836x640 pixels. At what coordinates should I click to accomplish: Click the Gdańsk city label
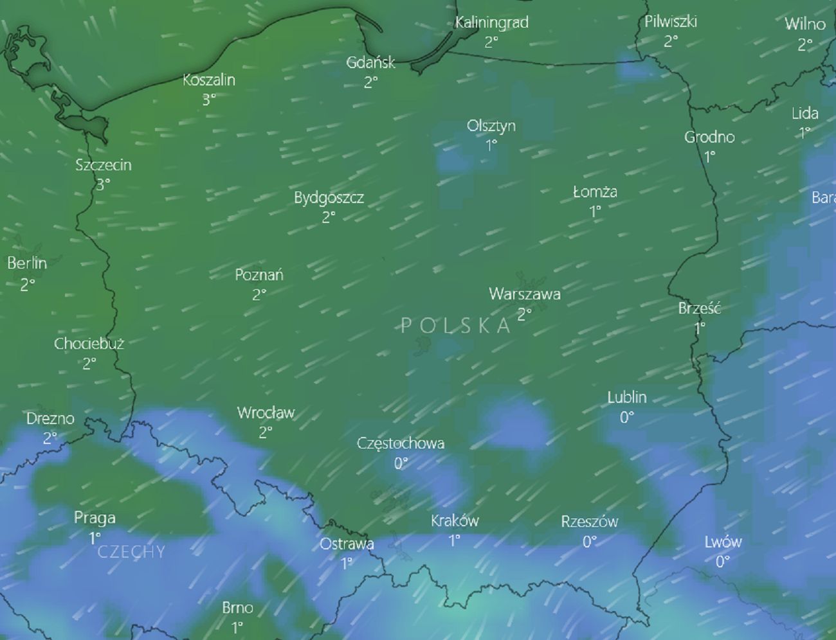(370, 63)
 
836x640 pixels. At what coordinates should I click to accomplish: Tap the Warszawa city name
(525, 294)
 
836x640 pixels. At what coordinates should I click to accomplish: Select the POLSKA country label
(456, 325)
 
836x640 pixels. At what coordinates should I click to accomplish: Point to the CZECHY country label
(131, 552)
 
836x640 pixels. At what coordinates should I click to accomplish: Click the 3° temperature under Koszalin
(209, 100)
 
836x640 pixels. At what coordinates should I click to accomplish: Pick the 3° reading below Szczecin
(103, 184)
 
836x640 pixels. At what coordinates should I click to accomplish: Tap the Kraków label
(455, 521)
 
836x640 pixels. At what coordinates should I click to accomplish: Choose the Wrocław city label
(266, 413)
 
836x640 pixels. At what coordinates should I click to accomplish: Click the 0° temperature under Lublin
(626, 418)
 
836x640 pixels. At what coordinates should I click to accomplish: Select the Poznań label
(259, 275)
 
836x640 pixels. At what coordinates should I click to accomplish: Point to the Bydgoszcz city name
(329, 198)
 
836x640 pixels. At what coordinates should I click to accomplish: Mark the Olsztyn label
(491, 126)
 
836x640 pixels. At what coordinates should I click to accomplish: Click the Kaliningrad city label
(491, 22)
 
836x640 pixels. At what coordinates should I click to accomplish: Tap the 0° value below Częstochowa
(401, 463)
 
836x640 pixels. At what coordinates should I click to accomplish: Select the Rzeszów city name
(589, 522)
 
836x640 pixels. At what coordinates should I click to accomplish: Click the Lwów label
(723, 542)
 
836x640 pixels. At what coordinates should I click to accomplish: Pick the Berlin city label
(27, 263)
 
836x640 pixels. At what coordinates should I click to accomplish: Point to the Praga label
(95, 518)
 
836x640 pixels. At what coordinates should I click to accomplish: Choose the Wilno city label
(804, 24)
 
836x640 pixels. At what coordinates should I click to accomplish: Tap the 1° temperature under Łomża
(595, 211)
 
